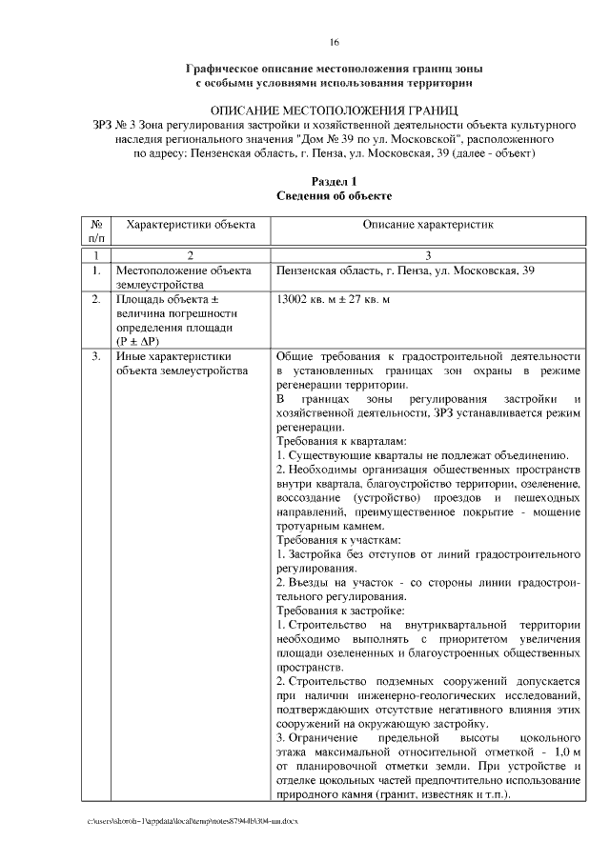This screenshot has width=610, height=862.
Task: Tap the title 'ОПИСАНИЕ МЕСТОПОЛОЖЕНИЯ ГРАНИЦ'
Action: pyautogui.click(x=335, y=110)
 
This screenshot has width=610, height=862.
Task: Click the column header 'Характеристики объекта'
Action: pyautogui.click(x=192, y=225)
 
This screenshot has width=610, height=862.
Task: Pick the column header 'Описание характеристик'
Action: pyautogui.click(x=428, y=225)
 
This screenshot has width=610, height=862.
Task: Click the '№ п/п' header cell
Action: pyautogui.click(x=95, y=231)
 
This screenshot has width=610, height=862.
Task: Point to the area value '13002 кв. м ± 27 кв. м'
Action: pyautogui.click(x=333, y=300)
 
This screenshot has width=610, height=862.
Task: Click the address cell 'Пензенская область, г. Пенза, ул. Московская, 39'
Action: pyautogui.click(x=405, y=271)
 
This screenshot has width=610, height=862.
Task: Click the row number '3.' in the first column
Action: pyautogui.click(x=96, y=357)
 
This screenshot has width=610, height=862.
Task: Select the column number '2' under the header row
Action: pyautogui.click(x=191, y=255)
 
